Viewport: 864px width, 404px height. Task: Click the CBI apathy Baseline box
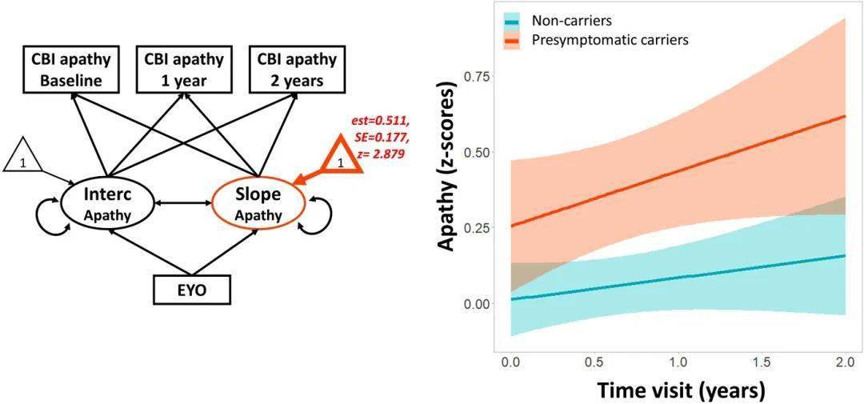(x=71, y=70)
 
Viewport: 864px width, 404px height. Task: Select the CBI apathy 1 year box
(x=176, y=70)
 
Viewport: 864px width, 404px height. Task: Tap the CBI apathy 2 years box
(x=286, y=70)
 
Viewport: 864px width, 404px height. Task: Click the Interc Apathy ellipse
(x=108, y=204)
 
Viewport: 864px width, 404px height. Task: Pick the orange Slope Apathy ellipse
(x=258, y=204)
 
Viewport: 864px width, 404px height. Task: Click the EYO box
(x=191, y=290)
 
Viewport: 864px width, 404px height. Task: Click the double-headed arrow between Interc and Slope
(x=182, y=203)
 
